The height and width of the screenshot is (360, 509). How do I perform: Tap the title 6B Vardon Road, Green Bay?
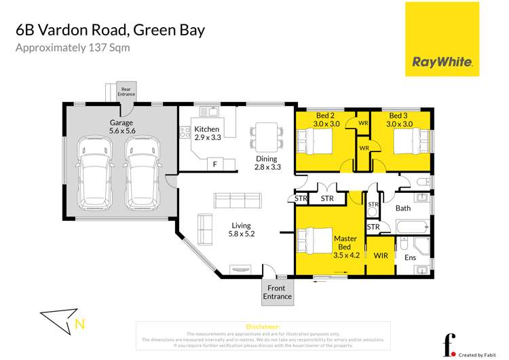click(109, 31)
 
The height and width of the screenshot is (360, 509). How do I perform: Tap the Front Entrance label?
click(278, 292)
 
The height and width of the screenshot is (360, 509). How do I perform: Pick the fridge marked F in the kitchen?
click(214, 164)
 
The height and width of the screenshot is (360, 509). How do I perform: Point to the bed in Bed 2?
click(315, 143)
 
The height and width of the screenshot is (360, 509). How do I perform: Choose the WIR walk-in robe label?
click(380, 257)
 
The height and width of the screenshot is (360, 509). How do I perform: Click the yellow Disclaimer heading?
click(262, 327)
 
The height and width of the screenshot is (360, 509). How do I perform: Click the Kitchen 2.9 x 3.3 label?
click(208, 133)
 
